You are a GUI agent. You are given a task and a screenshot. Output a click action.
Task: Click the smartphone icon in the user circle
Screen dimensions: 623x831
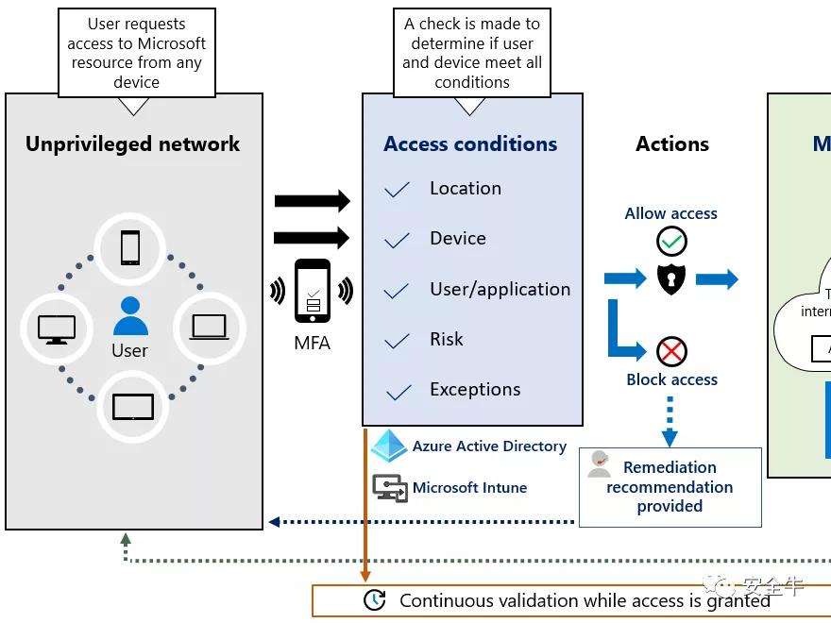130,248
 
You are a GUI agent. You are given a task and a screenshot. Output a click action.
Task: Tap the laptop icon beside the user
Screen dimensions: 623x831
209,328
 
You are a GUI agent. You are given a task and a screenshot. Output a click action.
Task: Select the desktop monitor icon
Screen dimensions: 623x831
56,328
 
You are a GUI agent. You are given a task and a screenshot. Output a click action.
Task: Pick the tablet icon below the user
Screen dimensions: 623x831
132,407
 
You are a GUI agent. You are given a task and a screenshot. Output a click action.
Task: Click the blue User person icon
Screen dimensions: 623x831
130,316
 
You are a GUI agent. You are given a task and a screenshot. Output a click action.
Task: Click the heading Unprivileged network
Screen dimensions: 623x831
133,144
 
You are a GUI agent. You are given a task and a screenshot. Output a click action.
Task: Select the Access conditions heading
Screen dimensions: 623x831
470,144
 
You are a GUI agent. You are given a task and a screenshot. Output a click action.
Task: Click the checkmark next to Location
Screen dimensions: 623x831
398,190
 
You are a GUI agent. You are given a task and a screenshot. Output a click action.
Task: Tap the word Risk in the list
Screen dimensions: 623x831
447,340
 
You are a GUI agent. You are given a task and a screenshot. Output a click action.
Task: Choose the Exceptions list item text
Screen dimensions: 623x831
475,390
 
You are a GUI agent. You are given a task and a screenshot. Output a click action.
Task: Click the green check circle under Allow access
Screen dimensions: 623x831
671,242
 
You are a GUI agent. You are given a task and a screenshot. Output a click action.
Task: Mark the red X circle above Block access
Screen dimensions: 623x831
671,353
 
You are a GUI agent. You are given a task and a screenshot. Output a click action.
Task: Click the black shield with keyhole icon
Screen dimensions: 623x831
671,278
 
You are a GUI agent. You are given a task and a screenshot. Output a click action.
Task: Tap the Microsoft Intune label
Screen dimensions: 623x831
469,488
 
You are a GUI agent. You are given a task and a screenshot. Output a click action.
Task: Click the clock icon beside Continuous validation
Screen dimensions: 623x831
375,600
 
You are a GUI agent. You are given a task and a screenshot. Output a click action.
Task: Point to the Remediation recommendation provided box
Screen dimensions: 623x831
670,487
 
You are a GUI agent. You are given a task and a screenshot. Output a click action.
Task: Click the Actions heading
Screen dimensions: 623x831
672,144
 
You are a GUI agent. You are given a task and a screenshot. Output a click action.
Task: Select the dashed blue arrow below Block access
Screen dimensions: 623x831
670,420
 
